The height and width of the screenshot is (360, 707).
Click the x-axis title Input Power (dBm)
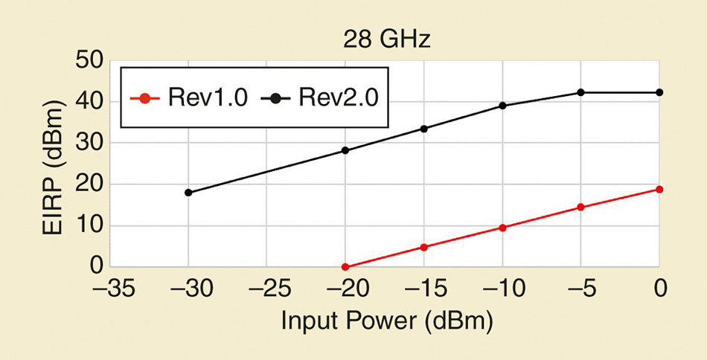386,321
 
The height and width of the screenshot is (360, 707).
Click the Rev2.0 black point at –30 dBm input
188,193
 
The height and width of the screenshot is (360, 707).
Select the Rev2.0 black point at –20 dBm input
345,150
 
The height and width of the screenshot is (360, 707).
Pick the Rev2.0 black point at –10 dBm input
502,106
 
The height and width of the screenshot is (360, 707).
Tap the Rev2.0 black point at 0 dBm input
659,92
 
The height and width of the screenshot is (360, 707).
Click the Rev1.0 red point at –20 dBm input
345,266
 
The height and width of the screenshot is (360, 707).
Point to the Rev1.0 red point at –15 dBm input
424,247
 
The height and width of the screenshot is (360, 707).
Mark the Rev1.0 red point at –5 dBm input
580,208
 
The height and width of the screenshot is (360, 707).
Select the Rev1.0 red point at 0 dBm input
659,189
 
